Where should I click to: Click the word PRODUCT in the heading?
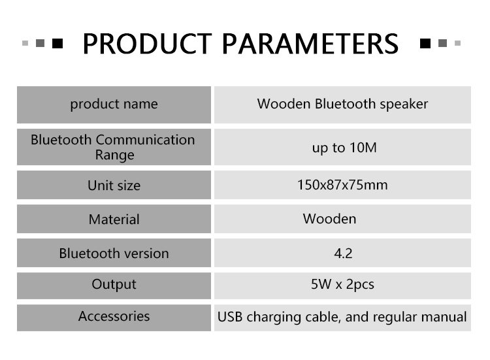click(147, 44)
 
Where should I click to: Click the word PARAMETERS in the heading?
click(310, 44)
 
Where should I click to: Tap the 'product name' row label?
click(114, 104)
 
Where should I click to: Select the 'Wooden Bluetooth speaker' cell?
click(342, 104)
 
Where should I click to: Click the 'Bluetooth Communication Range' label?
click(113, 147)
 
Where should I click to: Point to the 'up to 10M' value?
click(344, 148)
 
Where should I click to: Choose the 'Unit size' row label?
click(114, 186)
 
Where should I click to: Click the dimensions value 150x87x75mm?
click(342, 185)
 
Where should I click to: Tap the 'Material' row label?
click(114, 219)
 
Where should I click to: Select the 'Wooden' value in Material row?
click(329, 219)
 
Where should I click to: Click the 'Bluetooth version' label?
click(114, 253)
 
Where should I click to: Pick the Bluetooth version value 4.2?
click(343, 253)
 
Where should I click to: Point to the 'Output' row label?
click(114, 285)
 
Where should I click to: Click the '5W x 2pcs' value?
click(342, 284)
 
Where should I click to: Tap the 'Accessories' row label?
click(114, 316)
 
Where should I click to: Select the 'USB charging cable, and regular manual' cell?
click(342, 317)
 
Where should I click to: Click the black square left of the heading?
click(57, 43)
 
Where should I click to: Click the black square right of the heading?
click(425, 43)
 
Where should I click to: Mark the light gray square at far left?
click(25, 43)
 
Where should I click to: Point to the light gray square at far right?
click(457, 43)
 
